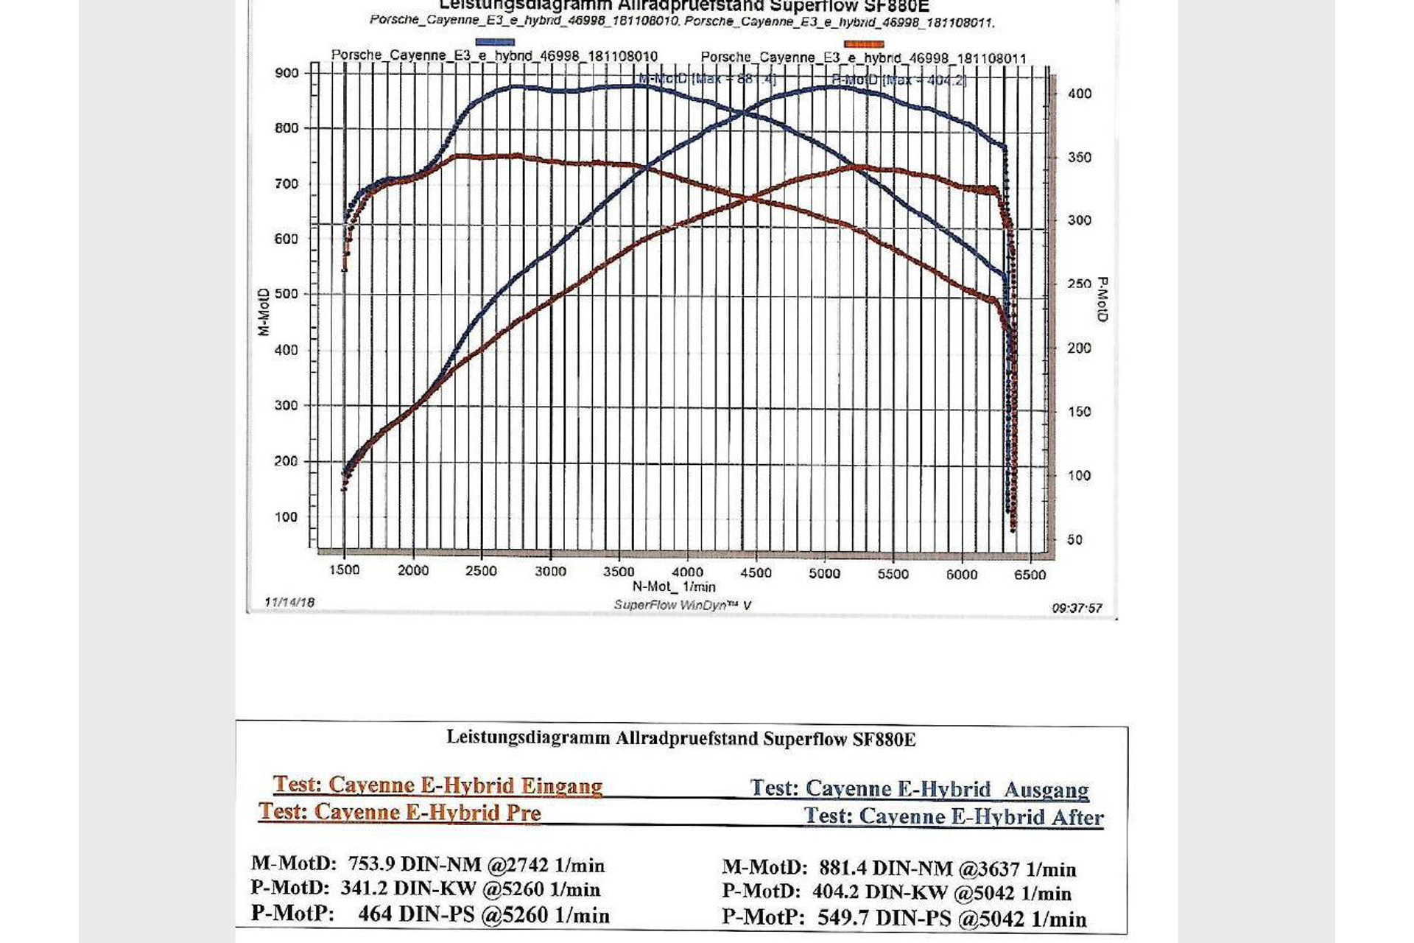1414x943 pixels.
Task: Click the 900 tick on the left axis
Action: click(x=286, y=73)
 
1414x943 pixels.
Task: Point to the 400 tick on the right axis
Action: click(x=1079, y=94)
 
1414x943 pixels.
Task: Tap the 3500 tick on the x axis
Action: click(x=619, y=572)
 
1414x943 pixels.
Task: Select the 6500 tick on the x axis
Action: click(x=1030, y=575)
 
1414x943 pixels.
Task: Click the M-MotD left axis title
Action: click(x=264, y=312)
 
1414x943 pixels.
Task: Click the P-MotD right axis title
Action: click(x=1102, y=299)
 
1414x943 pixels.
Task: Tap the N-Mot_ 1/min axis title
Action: click(x=674, y=587)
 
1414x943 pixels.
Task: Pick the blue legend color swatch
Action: click(x=495, y=42)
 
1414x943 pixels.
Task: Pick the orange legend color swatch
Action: click(x=864, y=44)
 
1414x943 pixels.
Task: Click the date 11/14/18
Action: click(x=289, y=603)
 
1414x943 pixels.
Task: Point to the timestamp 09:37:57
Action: click(x=1077, y=608)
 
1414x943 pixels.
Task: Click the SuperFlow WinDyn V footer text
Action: click(x=683, y=605)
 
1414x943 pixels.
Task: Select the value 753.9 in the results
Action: click(x=372, y=864)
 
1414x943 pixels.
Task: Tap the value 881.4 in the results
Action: click(x=838, y=869)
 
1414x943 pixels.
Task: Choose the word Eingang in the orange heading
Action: click(x=561, y=786)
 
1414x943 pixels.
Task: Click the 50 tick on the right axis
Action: click(x=1074, y=540)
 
